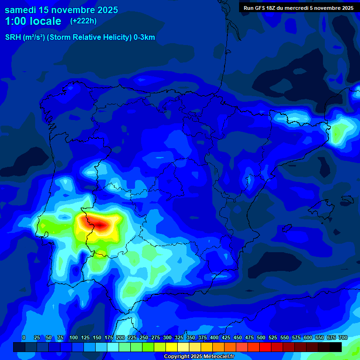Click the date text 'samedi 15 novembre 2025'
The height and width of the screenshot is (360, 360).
61,10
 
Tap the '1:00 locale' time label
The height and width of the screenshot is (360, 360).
33,21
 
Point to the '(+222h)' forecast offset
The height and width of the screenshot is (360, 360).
83,21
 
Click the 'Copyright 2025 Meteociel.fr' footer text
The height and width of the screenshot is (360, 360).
199,356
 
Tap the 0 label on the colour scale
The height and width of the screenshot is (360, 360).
24,337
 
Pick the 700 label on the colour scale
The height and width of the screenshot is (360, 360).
343,337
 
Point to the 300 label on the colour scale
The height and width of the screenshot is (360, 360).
167,337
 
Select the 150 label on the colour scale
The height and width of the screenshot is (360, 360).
97,337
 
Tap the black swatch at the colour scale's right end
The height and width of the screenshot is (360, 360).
336,347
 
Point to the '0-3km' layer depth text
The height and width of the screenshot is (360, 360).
144,37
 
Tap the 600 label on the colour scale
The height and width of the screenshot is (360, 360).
308,337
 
